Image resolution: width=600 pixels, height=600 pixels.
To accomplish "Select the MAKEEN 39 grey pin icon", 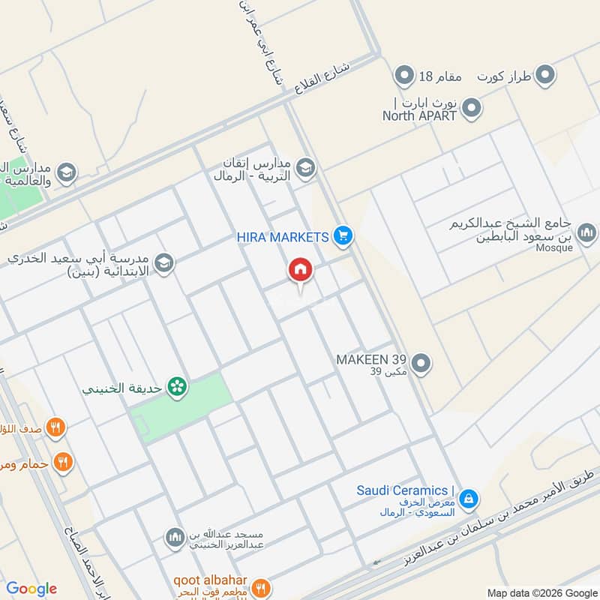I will coord(422,364).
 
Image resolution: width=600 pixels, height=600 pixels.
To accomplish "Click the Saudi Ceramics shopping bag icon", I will coord(469,497).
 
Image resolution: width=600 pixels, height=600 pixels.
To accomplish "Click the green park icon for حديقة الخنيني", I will coord(178,387).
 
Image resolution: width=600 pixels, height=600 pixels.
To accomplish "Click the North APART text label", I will coord(419,116).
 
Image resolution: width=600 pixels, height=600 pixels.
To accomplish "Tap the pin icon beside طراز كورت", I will coord(546,75).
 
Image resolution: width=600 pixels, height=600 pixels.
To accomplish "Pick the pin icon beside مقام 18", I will coord(405,75).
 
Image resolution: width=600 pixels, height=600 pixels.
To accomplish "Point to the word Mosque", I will coord(554,248).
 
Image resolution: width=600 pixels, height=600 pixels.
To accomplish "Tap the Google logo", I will coord(31,589).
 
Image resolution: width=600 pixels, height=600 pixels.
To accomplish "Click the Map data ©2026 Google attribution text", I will coord(541,592).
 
